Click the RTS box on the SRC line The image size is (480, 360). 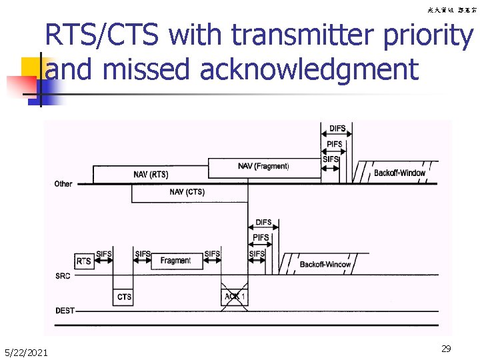83,261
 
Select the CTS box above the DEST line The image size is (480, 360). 124,296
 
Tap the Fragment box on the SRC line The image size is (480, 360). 175,261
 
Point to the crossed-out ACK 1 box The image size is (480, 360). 235,296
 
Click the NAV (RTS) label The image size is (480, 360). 151,175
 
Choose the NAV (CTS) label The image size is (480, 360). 187,192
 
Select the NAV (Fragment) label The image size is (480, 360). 263,166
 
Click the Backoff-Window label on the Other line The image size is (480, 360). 399,173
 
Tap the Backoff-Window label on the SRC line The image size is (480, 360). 325,265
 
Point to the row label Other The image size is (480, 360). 63,183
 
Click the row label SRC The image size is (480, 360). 62,275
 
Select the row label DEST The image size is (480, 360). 65,310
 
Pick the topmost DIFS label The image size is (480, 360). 338,129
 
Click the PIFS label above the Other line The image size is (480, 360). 335,145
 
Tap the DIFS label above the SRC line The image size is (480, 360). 264,222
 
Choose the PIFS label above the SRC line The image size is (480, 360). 261,238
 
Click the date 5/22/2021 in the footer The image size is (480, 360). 25,351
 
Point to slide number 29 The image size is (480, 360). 446,348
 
